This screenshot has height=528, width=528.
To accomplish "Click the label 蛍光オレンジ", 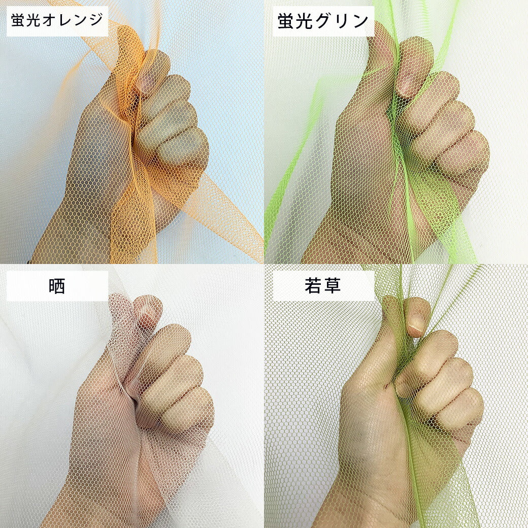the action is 57,20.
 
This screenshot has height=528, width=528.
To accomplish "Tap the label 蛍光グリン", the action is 323,20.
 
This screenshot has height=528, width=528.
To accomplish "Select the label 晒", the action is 56,286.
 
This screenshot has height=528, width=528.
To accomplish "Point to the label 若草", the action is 322,286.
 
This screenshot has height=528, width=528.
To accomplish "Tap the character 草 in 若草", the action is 332,286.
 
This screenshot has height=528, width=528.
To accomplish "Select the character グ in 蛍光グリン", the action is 323,21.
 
